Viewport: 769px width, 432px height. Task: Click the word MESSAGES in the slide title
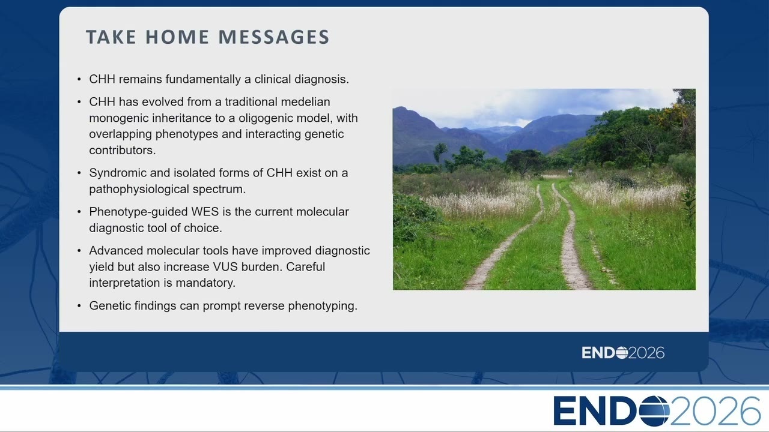coord(274,37)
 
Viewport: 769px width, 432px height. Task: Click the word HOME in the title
coord(177,37)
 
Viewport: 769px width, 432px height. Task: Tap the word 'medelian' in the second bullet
coord(306,102)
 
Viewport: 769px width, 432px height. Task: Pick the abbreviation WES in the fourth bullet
coord(205,212)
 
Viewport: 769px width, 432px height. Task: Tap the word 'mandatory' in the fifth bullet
coord(205,283)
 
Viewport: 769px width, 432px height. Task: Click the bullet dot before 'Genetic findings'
coord(79,305)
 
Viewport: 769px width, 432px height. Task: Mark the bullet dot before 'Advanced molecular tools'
coord(79,251)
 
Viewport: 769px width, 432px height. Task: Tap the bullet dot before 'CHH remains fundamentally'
coord(79,79)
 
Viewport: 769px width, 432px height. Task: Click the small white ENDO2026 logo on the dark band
coord(623,353)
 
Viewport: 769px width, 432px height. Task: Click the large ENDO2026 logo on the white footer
coord(657,411)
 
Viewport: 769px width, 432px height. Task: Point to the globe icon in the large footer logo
coord(654,411)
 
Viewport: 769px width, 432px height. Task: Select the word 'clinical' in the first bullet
coord(273,79)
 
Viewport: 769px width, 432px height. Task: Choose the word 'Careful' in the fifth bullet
coord(305,267)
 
